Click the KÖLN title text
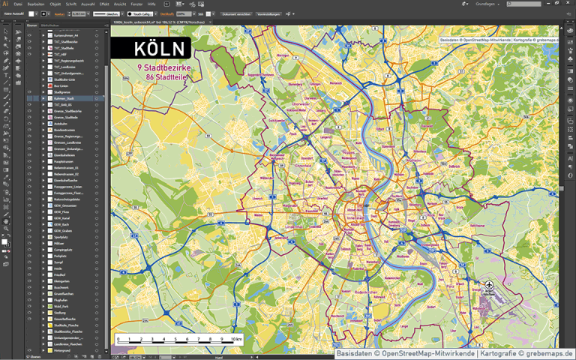[160, 49]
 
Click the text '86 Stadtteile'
[161, 76]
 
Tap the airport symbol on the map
[489, 286]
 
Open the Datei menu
[18, 4]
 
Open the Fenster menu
[136, 4]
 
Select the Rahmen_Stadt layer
[64, 98]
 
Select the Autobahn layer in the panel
[61, 124]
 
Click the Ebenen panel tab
[32, 26]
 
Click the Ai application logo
[5, 4]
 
